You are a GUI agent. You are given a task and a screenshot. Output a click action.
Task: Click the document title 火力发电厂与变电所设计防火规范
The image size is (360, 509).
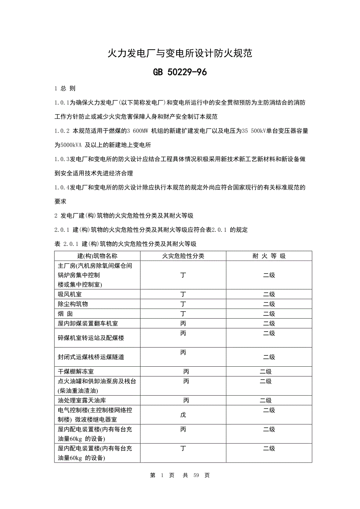180,54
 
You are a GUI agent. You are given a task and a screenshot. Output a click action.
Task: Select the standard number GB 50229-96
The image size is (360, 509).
180,72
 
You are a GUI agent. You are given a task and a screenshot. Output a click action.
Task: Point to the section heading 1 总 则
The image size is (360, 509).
65,89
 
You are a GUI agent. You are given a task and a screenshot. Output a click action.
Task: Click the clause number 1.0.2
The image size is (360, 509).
62,131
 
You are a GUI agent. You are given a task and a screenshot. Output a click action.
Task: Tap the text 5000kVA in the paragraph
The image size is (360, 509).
69,145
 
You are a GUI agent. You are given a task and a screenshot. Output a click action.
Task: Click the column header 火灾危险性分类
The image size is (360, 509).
183,256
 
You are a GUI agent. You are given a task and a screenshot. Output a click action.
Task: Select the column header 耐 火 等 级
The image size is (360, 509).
269,256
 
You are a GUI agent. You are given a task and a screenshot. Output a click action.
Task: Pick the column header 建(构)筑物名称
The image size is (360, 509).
97,256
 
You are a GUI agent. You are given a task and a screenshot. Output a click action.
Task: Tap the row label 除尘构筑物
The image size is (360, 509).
73,304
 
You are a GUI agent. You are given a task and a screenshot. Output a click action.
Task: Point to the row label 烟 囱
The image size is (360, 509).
65,314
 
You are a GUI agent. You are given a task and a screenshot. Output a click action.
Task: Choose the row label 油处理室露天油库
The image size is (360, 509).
82,401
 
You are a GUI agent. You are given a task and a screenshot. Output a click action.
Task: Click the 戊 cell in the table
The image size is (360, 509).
183,414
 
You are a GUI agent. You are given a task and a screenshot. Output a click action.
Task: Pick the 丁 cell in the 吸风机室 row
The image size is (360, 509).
183,294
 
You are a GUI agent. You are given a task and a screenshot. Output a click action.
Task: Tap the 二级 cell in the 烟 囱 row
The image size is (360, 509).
269,314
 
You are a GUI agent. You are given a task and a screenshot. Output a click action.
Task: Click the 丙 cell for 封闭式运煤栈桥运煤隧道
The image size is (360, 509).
183,353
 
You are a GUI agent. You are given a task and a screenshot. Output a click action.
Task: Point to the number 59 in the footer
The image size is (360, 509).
196,475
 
